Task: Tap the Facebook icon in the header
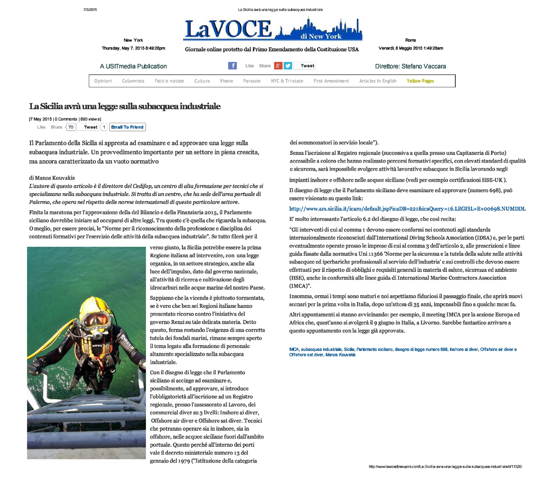233,66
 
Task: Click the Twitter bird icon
288,66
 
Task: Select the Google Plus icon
278,66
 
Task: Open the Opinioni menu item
103,81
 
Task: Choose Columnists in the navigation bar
133,81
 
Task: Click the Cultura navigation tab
202,81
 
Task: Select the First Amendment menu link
331,81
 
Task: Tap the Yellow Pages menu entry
420,81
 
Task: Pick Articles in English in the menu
378,81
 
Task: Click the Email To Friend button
127,127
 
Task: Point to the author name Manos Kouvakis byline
51,178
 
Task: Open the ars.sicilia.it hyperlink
407,209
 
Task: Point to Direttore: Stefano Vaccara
410,66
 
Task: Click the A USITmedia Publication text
133,66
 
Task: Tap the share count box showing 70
71,127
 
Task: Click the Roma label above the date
410,40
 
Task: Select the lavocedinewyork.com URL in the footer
445,467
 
